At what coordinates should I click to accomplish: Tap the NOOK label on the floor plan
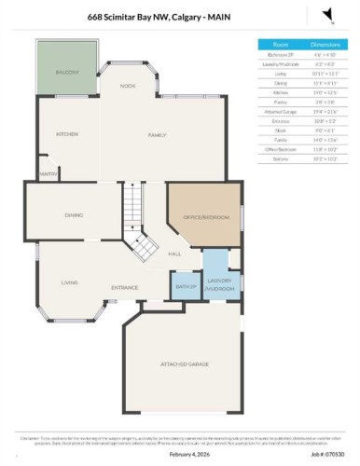[128, 86]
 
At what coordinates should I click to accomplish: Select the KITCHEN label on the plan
[68, 134]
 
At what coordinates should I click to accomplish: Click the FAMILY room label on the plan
[156, 135]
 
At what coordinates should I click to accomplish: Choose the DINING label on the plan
[75, 215]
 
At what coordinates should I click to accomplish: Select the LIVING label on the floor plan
[69, 282]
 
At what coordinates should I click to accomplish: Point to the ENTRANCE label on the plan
[125, 287]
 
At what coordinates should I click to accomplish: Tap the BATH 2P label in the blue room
[182, 286]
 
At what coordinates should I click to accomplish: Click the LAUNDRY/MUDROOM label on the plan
[219, 282]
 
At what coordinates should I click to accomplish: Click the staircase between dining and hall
[138, 224]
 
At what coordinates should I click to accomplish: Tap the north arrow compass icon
[326, 12]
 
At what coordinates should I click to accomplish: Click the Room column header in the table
[280, 44]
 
